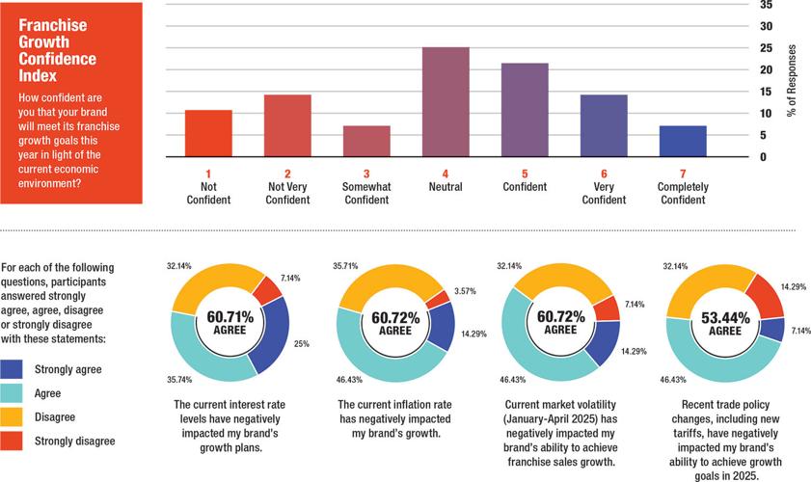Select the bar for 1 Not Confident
pyautogui.click(x=208, y=133)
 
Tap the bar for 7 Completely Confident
pyautogui.click(x=683, y=141)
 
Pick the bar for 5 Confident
pyautogui.click(x=525, y=109)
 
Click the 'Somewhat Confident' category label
pyautogui.click(x=366, y=193)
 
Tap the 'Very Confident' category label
pyautogui.click(x=604, y=193)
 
